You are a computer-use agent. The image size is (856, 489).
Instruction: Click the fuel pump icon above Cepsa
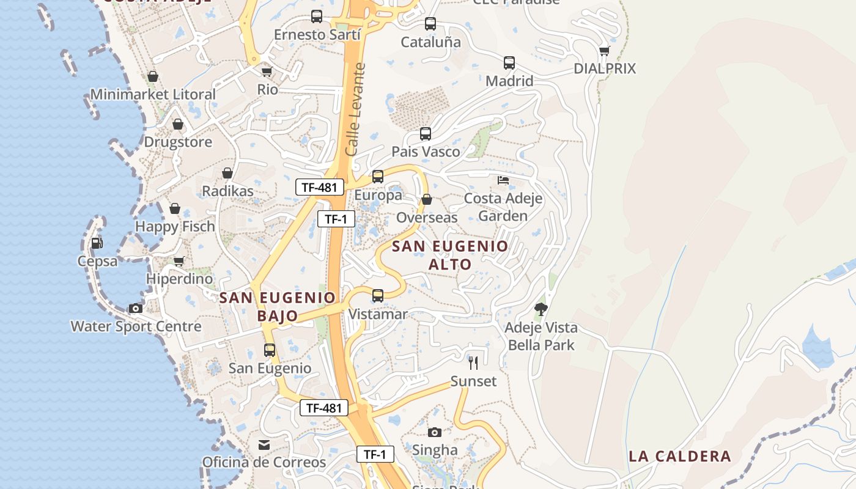[x=97, y=243]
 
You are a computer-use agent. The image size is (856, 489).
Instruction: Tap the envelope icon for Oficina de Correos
[x=264, y=444]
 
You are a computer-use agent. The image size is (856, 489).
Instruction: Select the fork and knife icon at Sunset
[x=473, y=363]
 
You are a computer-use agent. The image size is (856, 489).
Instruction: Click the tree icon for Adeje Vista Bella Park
[x=541, y=309]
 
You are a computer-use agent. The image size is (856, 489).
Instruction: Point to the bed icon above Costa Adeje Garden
[x=503, y=180]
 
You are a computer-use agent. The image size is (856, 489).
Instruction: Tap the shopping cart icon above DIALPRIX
[x=604, y=51]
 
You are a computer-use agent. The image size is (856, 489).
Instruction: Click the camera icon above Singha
[x=435, y=432]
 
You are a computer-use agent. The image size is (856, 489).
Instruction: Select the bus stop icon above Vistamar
[x=378, y=296]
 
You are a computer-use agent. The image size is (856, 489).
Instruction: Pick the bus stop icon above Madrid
[x=509, y=62]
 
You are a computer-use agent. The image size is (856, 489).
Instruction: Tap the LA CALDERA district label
[x=680, y=456]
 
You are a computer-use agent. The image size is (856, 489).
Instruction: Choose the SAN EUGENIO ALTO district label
[x=450, y=255]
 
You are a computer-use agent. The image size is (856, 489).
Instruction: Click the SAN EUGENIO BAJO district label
[x=278, y=306]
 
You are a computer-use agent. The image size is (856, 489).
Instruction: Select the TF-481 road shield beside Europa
[x=319, y=187]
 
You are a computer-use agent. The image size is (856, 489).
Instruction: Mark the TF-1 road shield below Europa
[x=336, y=219]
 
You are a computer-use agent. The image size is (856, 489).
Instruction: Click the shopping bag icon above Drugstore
[x=178, y=124]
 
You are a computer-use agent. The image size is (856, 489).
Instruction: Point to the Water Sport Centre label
[x=136, y=326]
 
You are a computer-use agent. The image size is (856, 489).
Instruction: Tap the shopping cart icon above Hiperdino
[x=179, y=261]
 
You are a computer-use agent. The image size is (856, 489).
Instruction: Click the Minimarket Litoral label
[x=153, y=95]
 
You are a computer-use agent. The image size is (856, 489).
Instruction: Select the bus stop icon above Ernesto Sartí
[x=317, y=17]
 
